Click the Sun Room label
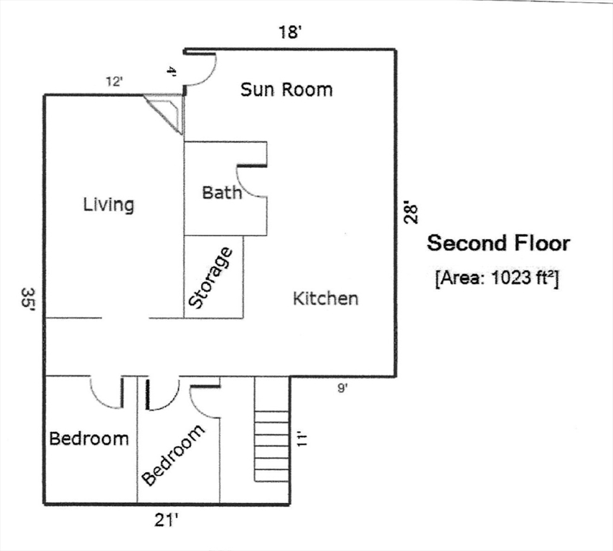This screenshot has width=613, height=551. point(286,90)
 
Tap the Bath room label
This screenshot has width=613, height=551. point(222,192)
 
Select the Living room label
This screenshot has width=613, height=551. point(108,204)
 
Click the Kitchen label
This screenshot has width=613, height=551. point(325,298)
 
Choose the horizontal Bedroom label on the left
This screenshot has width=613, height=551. point(89,438)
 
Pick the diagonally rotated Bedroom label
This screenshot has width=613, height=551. point(173,455)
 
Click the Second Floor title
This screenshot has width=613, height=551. point(498,243)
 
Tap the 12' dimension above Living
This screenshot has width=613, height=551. point(115,82)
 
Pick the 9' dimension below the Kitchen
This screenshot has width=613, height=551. point(342,389)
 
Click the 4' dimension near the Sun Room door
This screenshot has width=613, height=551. point(171,72)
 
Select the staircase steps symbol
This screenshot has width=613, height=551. point(272,445)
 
